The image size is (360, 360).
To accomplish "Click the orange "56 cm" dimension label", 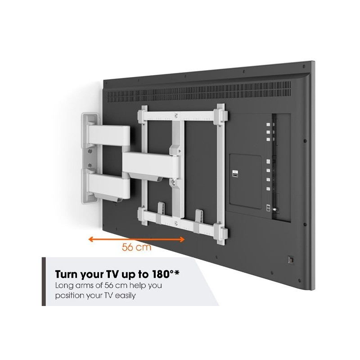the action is pyautogui.click(x=137, y=247).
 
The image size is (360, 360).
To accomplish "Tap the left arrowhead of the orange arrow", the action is pyautogui.click(x=90, y=239).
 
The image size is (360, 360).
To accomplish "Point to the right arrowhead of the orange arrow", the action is pyautogui.click(x=182, y=239).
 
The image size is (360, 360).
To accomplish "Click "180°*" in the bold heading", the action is pyautogui.click(x=166, y=274).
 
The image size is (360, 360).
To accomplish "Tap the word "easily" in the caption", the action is pyautogui.click(x=126, y=296).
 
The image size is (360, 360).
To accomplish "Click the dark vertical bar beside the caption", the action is pyautogui.click(x=44, y=282).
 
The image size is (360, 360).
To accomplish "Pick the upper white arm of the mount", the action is pyautogui.click(x=109, y=135).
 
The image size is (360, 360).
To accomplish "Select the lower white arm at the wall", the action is pyautogui.click(x=109, y=186).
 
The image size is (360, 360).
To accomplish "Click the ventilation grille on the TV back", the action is pyautogui.click(x=199, y=92).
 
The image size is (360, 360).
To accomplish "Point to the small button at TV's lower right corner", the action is pyautogui.click(x=291, y=260).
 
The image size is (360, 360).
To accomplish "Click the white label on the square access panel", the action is pyautogui.click(x=235, y=174).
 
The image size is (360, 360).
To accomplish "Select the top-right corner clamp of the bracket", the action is pyautogui.click(x=221, y=115).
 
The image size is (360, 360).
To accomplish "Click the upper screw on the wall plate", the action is pyautogui.click(x=90, y=151).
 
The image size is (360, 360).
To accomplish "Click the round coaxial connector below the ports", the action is pyautogui.click(x=275, y=209).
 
